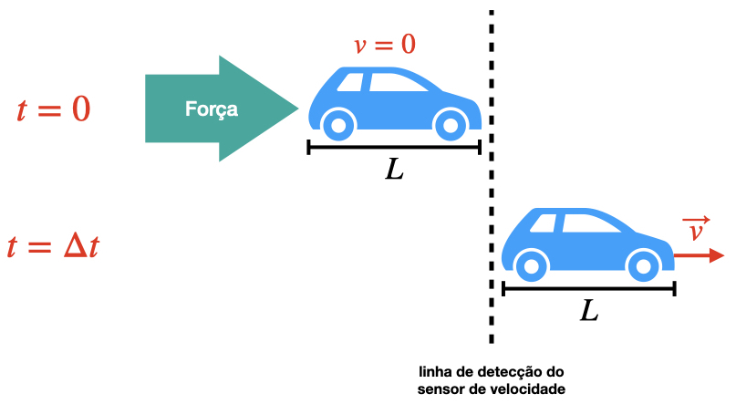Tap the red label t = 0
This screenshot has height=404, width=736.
point(53,109)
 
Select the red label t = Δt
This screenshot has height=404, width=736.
point(53,246)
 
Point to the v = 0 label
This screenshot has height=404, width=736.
point(385,45)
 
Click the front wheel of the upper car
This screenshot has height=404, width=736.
point(451,125)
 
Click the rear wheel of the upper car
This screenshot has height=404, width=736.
point(338,125)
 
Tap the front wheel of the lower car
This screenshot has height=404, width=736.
point(644,266)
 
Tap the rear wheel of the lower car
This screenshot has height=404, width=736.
point(532,266)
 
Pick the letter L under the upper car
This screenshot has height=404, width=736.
point(394,170)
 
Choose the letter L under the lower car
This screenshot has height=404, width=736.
point(589,311)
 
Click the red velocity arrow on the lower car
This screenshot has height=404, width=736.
point(700,255)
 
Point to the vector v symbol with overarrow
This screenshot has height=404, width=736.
point(696,229)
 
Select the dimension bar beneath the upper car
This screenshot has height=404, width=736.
point(394,148)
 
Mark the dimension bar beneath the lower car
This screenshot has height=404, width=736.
point(589,288)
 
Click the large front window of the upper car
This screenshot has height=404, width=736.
point(397,82)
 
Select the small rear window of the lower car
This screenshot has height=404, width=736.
point(544,223)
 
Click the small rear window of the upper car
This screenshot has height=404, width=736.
point(350,82)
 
